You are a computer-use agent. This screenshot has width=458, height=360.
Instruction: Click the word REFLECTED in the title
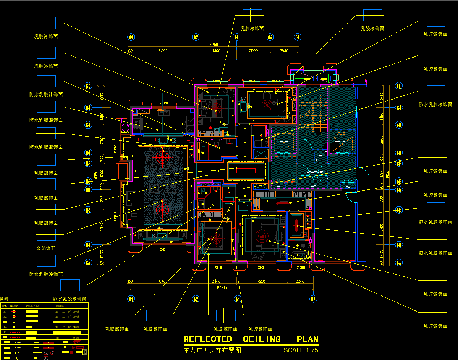tap(208, 339)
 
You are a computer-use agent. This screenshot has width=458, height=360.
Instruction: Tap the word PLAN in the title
tap(307, 339)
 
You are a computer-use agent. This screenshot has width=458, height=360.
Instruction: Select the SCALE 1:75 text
tap(301, 350)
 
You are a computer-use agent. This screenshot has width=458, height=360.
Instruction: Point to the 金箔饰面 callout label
tap(46, 248)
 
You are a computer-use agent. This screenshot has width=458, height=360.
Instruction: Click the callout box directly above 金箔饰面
tap(46, 235)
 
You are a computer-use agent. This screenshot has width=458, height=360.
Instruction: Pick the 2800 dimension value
tap(253, 51)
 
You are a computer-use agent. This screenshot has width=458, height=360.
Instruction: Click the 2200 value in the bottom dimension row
tap(300, 281)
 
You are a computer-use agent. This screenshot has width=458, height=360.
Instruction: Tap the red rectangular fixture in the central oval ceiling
tap(246, 171)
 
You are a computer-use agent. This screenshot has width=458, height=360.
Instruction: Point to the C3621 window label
tap(163, 250)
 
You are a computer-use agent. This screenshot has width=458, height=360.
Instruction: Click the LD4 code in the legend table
tap(5, 326)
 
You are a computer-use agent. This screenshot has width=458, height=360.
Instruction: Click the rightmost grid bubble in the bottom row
tap(314, 299)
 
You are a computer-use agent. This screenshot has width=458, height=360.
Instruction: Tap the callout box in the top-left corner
tap(46, 22)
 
